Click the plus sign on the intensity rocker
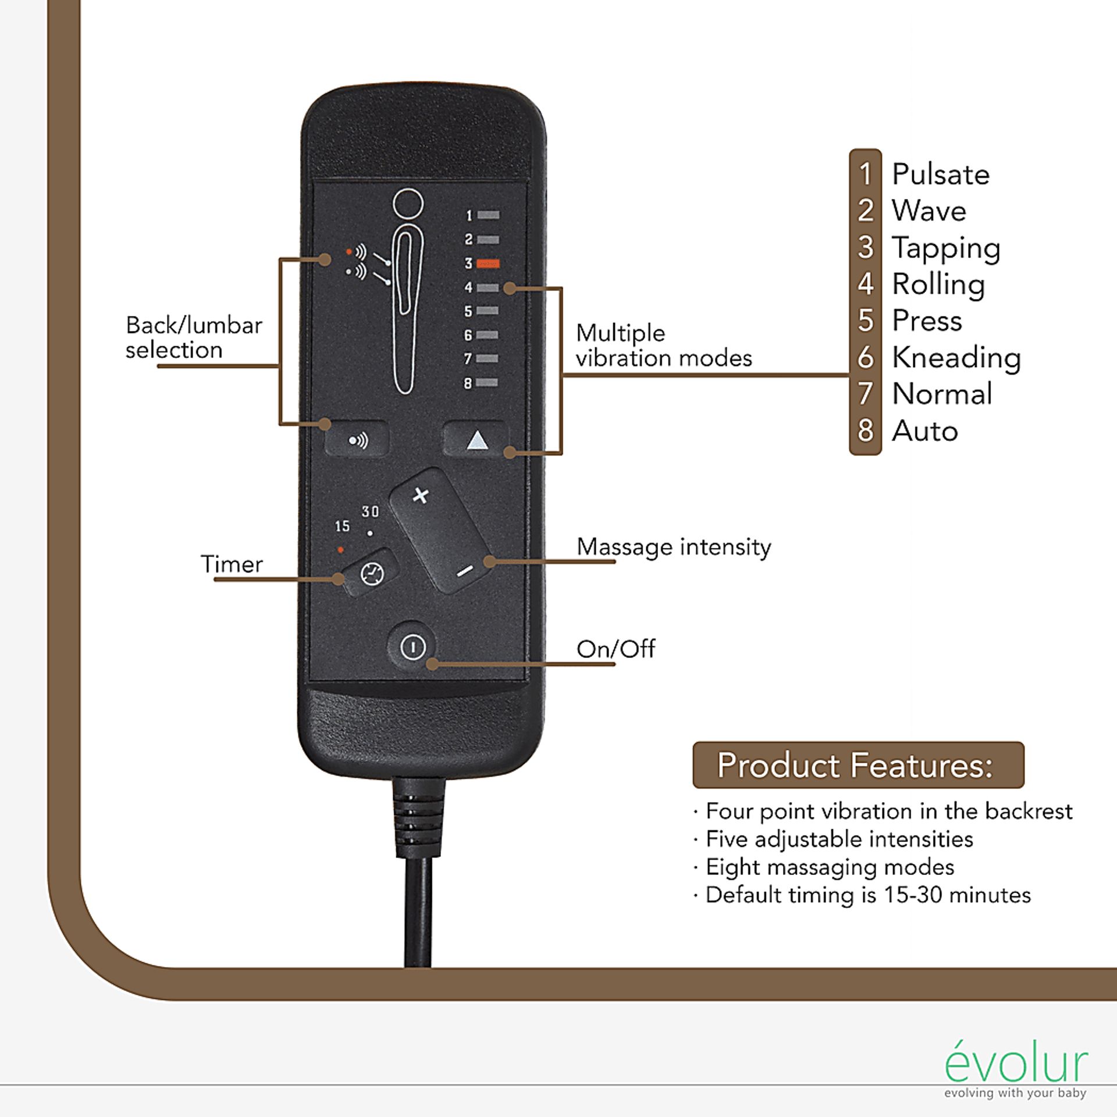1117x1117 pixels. coord(420,496)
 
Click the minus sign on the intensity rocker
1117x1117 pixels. coord(464,572)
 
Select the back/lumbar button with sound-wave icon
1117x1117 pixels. coord(357,440)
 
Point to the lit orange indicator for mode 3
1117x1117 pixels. coord(488,264)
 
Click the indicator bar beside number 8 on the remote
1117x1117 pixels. coord(488,383)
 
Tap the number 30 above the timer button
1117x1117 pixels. coord(370,512)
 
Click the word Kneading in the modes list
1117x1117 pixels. coord(956,357)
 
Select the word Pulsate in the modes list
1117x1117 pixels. coord(940,175)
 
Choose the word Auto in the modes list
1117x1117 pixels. coord(925,431)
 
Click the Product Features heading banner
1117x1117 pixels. coord(858,765)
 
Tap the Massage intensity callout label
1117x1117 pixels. coord(674,547)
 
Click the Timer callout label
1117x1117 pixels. coord(232,564)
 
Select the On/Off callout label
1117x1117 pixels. coord(616,649)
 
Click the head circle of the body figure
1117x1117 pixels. coord(408,204)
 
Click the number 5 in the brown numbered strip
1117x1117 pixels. coord(866,321)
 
